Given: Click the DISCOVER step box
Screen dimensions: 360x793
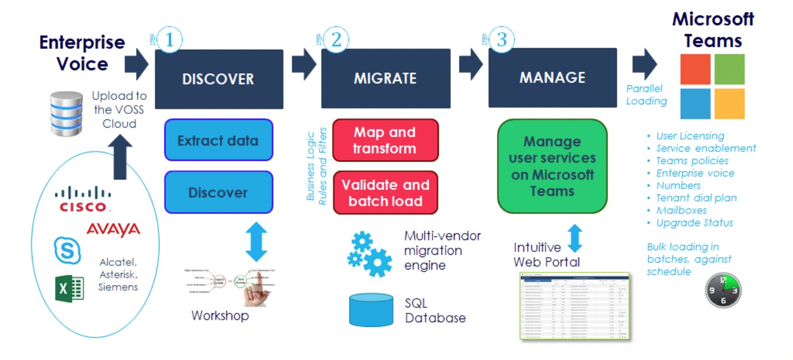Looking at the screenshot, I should coord(219,79).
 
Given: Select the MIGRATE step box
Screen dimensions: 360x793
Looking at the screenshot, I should coord(385,79).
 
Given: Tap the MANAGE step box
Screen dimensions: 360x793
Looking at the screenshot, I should coord(552,77).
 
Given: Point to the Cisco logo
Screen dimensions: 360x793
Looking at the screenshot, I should coord(83,199).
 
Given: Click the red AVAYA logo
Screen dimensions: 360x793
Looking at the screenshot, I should coord(113,229).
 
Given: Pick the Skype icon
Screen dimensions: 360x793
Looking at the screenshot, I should coord(67,250).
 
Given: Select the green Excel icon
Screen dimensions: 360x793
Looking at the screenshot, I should coord(69,288).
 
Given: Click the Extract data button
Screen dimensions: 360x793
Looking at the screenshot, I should coord(219,140).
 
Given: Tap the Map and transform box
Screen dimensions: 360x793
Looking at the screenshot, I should coord(385,140).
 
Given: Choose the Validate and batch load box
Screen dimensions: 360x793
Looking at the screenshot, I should coord(385,193).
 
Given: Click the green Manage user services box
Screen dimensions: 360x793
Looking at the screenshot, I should coord(552,166).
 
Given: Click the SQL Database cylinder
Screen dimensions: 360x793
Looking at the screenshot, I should coord(371,309).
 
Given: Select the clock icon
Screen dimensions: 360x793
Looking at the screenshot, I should coord(723,290).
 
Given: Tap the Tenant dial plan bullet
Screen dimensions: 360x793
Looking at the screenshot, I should coord(696,198).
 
